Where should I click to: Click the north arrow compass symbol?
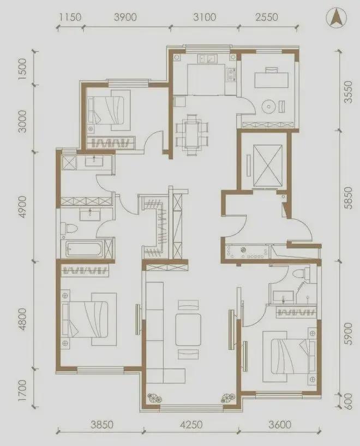click(x=337, y=17)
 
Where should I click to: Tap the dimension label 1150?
click(x=70, y=17)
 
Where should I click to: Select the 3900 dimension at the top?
click(x=125, y=17)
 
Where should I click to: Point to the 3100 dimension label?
click(x=205, y=17)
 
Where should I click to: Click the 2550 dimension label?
click(x=266, y=17)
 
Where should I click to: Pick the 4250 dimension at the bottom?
click(x=191, y=425)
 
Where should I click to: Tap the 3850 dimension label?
click(x=102, y=425)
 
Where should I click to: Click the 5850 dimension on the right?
click(x=348, y=198)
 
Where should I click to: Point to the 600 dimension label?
click(x=348, y=402)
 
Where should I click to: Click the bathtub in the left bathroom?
click(x=82, y=248)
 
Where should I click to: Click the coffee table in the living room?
click(x=188, y=329)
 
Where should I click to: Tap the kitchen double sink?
click(x=207, y=58)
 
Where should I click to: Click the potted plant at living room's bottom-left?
click(x=155, y=398)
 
